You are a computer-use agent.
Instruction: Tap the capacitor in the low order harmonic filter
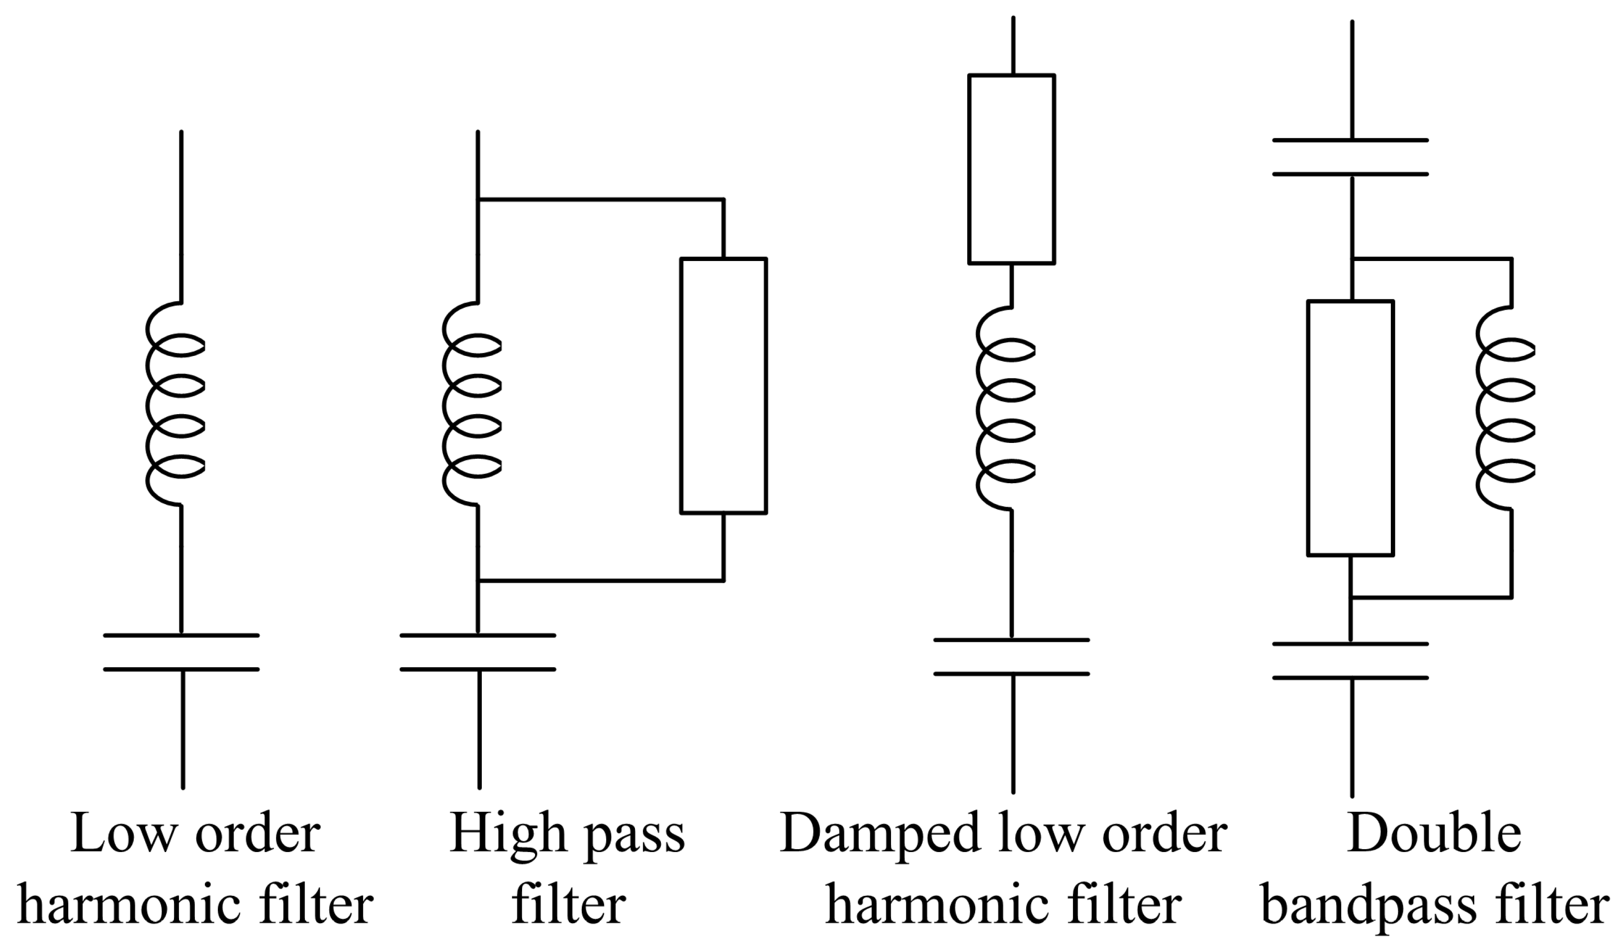tap(181, 653)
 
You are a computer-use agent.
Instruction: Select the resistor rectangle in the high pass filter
tap(723, 385)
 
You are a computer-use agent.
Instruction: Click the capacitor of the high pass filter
tap(477, 653)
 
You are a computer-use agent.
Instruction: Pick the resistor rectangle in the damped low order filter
tap(1011, 169)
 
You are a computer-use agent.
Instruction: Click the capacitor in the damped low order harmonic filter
tap(1011, 657)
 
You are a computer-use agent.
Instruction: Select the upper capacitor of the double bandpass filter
tap(1351, 157)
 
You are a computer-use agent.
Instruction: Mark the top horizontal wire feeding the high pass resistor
tap(599, 200)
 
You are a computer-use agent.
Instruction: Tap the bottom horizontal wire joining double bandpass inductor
tap(1431, 597)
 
